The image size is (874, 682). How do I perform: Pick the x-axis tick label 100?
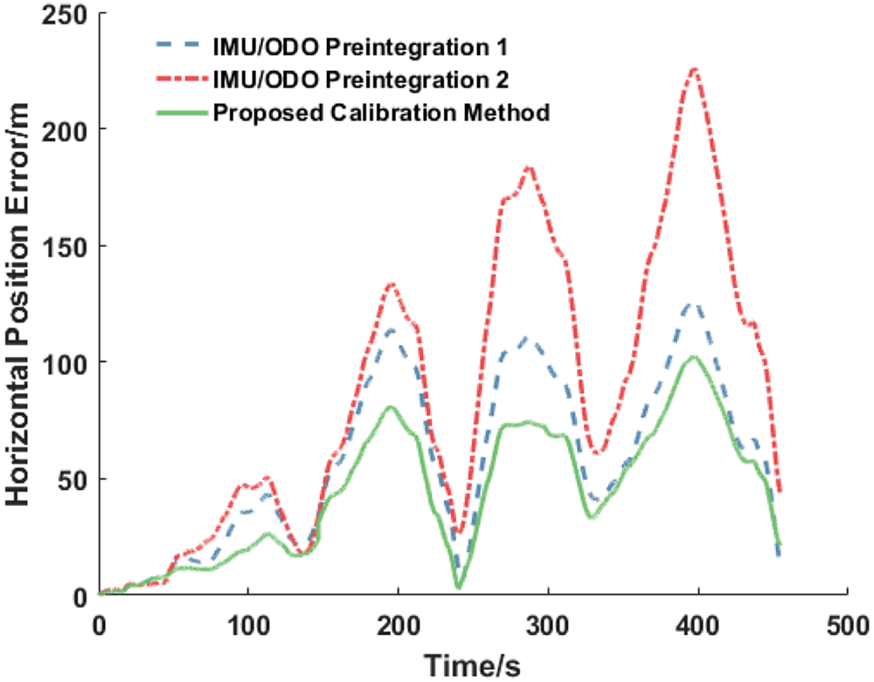[x=248, y=626]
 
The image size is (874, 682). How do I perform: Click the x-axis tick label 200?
[x=399, y=626]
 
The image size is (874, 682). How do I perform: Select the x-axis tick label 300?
[x=548, y=626]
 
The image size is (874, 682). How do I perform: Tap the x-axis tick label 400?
[x=697, y=626]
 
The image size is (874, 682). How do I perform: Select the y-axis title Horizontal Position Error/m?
[x=19, y=305]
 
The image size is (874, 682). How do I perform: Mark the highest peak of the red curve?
[x=696, y=67]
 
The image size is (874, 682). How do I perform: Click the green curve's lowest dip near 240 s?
[x=458, y=587]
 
